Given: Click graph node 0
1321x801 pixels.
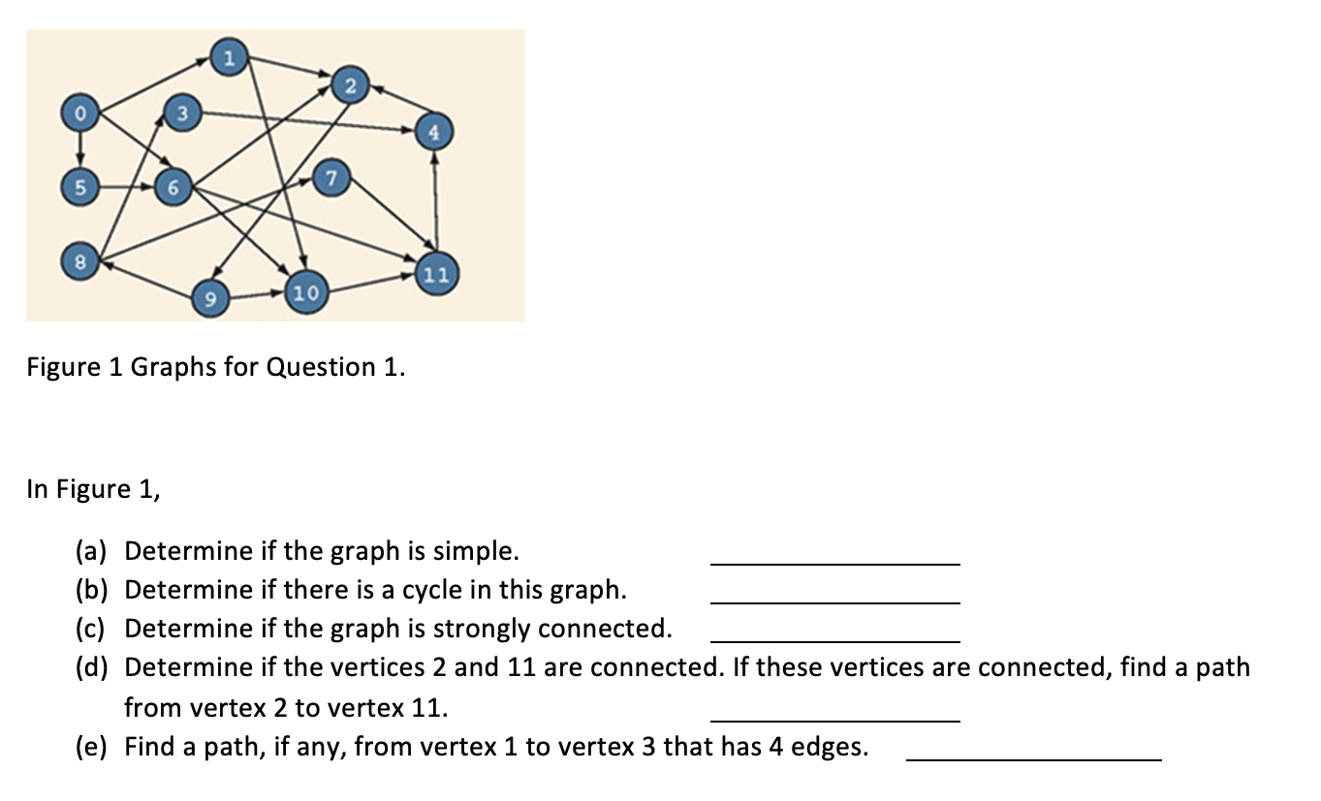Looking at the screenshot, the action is (x=81, y=114).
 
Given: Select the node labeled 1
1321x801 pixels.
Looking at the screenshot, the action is (x=228, y=59).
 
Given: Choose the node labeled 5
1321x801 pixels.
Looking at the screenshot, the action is (x=81, y=187).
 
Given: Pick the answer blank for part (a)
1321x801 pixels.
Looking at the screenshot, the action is (x=834, y=561).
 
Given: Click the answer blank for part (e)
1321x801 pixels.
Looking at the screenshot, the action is (x=1032, y=757).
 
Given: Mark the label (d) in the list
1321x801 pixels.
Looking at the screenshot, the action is (x=93, y=668).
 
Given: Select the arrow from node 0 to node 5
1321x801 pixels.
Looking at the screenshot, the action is (x=81, y=150).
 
